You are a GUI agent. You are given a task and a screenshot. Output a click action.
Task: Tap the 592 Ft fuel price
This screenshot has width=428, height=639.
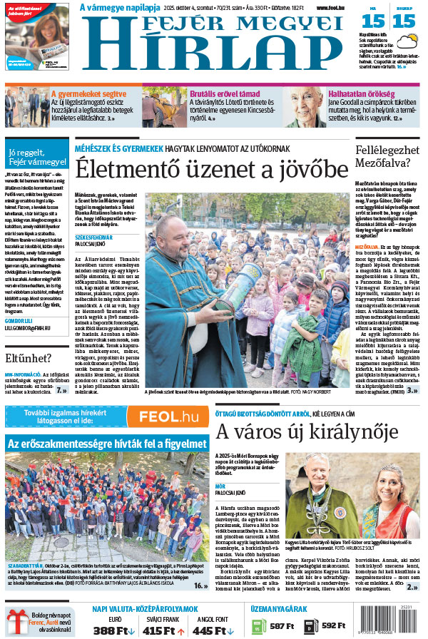click(x=334, y=626)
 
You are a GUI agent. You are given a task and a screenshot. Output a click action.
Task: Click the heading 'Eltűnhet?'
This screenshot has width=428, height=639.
click(x=29, y=357)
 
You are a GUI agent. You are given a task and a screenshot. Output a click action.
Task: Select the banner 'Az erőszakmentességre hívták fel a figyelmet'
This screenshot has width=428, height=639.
click(x=107, y=444)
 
